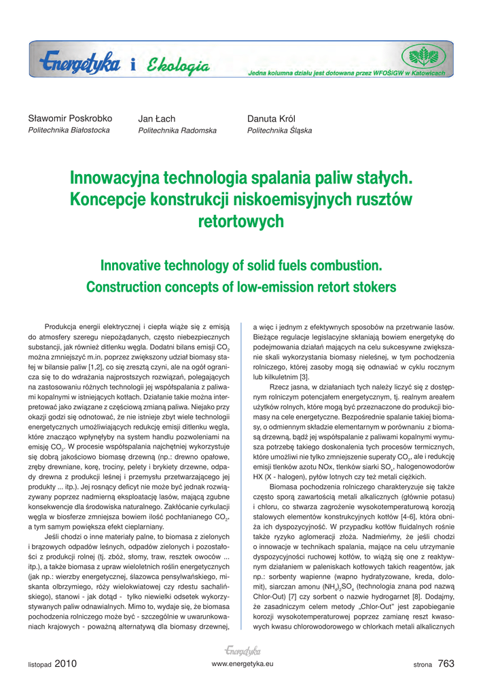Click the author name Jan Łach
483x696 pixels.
(156, 119)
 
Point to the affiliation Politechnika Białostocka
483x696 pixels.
(69, 130)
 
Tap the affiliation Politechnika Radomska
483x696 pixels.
(177, 130)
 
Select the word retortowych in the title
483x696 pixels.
(240, 222)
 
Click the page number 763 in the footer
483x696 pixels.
(446, 663)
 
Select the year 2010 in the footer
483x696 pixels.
(66, 663)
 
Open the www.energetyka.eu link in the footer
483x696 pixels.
(243, 663)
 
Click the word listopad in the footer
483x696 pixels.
(39, 664)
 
